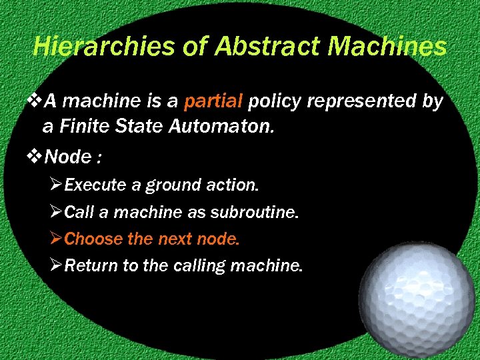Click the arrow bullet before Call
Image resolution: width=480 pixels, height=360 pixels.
(56, 213)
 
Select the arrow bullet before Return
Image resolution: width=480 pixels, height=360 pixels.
(56, 266)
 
